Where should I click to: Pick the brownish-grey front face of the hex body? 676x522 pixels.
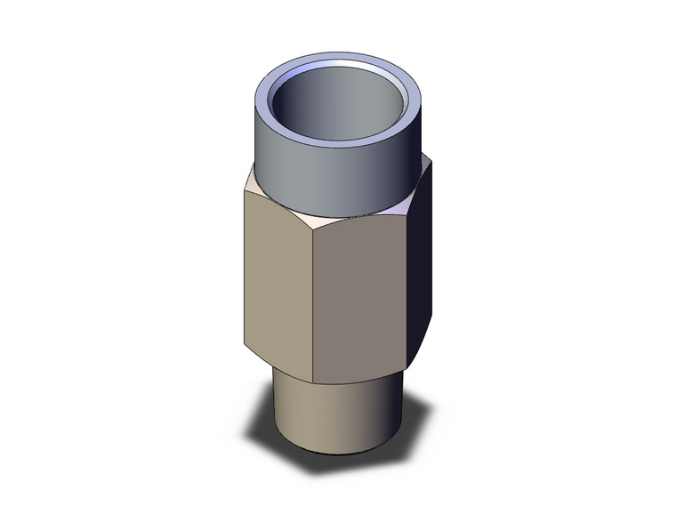click(361, 302)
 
